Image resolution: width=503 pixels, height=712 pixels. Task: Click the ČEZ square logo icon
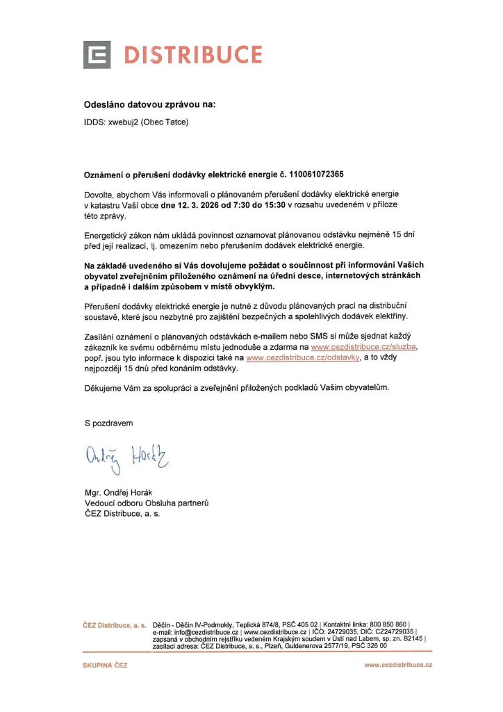click(97, 55)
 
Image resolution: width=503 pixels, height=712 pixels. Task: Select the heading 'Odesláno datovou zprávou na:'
click(150, 105)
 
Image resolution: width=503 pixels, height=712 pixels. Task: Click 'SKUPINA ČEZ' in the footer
click(105, 665)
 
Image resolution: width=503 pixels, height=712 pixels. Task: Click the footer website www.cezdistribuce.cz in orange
click(398, 665)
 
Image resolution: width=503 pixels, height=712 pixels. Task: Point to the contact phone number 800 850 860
click(390, 625)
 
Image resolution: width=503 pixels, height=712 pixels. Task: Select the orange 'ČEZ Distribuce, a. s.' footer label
click(114, 625)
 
